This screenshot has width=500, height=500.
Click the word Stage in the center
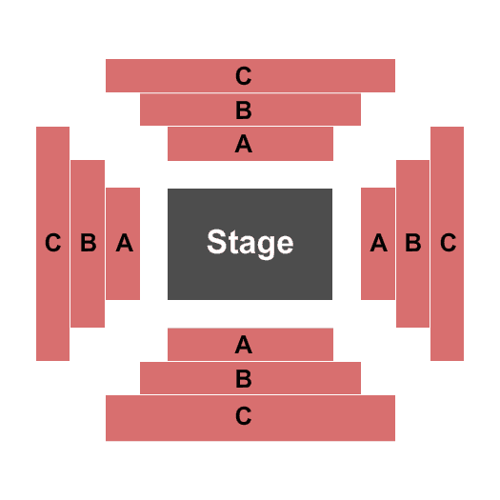(x=250, y=243)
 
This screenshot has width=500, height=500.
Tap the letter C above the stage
(x=244, y=76)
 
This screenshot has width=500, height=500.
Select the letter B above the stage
(x=244, y=110)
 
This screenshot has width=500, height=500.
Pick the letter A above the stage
(x=244, y=144)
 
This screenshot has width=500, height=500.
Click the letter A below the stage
(x=244, y=345)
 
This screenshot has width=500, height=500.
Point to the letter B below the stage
(x=244, y=378)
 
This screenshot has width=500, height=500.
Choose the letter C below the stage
(x=244, y=415)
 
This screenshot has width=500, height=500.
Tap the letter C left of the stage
(x=53, y=242)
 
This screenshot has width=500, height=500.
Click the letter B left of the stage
(x=89, y=242)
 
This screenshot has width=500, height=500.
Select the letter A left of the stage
(x=125, y=242)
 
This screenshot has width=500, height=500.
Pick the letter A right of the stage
(x=379, y=242)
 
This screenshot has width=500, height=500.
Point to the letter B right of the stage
(x=413, y=242)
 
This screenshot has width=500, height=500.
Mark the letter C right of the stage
(x=448, y=242)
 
